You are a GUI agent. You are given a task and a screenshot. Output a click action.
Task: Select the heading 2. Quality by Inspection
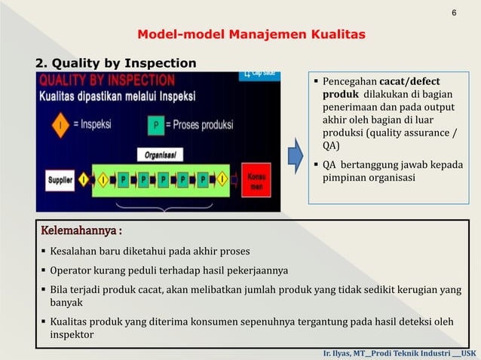pos(116,63)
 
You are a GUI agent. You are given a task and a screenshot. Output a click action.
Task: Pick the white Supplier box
pos(61,181)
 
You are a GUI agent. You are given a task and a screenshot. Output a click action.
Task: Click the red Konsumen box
pos(255,181)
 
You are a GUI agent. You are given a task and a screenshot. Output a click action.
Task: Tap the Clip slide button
pos(258,75)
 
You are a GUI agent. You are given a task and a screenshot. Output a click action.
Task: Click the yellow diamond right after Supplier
pos(85,181)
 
